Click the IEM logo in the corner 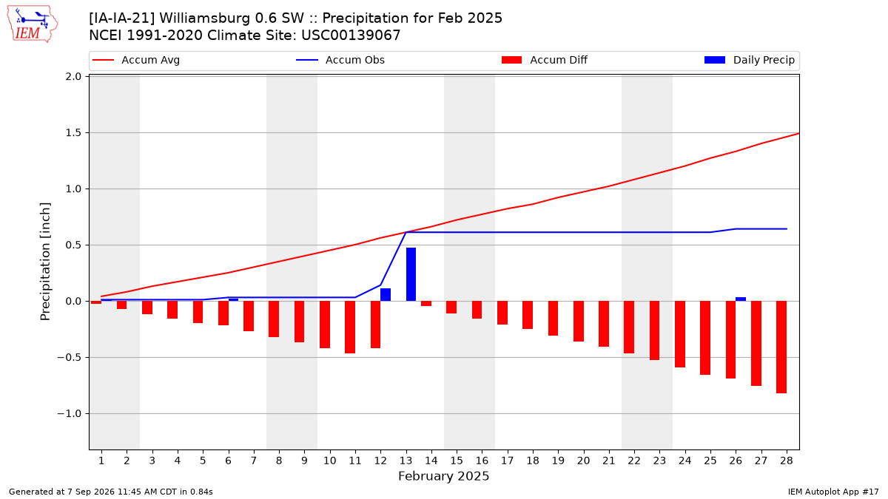point(33,24)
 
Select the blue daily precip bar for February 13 point(411,274)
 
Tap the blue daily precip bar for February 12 point(386,295)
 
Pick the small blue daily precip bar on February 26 point(741,299)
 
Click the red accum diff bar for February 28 point(781,347)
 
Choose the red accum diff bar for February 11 point(350,327)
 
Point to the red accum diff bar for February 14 point(426,303)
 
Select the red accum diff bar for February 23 point(654,330)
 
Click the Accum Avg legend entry point(136,60)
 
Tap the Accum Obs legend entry point(340,60)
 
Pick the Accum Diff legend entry point(545,60)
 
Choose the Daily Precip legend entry point(749,60)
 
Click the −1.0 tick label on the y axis point(70,414)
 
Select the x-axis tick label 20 point(583,461)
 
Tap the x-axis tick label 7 point(253,461)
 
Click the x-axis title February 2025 point(443,476)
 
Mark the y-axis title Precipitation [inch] point(45,262)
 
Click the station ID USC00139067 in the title point(351,35)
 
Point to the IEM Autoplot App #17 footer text point(833,492)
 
